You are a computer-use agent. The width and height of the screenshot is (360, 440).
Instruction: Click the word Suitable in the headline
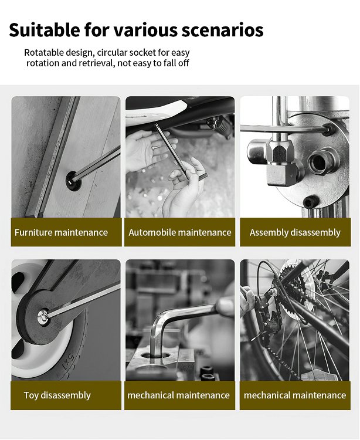coord(45,30)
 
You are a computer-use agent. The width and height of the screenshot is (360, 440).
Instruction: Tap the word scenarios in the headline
coord(222,31)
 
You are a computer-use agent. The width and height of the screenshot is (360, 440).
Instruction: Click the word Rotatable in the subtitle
coord(43,52)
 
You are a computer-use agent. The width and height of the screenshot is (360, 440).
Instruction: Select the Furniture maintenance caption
coord(61,232)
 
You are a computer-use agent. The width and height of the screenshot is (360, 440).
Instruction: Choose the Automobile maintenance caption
coord(180,232)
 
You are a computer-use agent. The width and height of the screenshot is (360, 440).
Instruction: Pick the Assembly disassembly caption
coord(295,232)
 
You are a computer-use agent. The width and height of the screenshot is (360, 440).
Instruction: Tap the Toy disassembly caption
coord(57,395)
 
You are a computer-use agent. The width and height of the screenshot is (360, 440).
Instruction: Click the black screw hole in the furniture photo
coord(73,182)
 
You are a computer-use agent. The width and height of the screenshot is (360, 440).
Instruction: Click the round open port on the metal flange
coord(321,162)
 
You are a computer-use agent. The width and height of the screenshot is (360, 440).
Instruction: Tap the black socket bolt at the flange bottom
coord(311,201)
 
